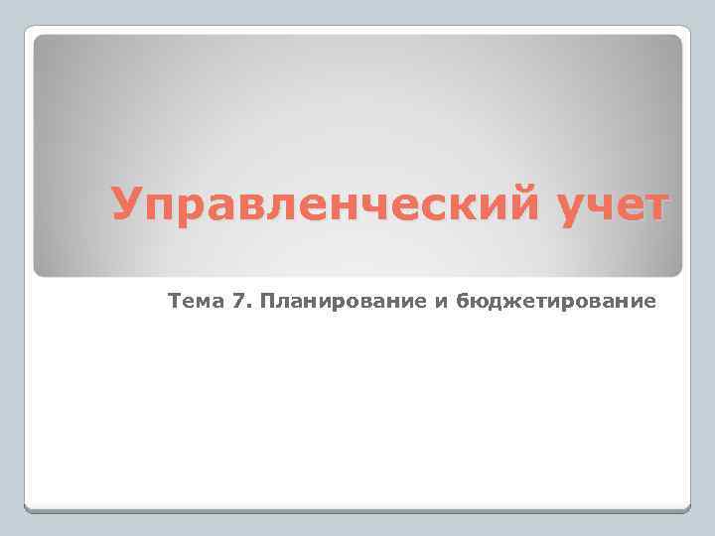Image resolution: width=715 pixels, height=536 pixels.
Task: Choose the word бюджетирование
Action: click(556, 301)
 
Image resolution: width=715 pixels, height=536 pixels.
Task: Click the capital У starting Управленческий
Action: click(127, 204)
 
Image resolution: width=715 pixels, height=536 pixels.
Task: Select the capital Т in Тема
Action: click(176, 300)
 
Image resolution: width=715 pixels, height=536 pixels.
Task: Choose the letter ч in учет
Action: click(593, 206)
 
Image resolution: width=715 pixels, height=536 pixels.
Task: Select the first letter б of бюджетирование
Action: click(463, 300)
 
